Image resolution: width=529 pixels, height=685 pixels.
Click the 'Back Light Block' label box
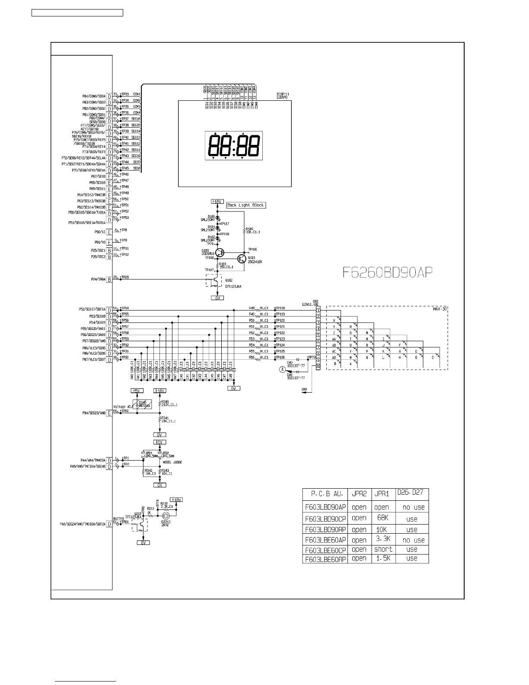245,205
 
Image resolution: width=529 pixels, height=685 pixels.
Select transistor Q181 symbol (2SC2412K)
242,259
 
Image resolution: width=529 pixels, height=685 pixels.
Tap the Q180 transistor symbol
220,252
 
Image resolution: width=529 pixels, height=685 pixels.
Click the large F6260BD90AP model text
388,272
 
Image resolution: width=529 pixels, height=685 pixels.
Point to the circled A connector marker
283,369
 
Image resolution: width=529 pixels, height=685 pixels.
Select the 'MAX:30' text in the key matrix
440,309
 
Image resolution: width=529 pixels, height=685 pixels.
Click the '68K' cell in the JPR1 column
382,518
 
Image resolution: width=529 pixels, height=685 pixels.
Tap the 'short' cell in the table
383,549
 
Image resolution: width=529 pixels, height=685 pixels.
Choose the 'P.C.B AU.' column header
327,493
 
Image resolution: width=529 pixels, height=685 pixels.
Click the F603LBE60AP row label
325,540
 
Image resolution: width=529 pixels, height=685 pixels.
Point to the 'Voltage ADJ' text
122,407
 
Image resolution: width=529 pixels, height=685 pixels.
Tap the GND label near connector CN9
304,389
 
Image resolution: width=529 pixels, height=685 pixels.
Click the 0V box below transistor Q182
217,298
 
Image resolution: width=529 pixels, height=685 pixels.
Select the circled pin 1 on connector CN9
318,310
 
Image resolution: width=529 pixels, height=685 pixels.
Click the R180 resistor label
249,229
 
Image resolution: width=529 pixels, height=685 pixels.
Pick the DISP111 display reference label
283,94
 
